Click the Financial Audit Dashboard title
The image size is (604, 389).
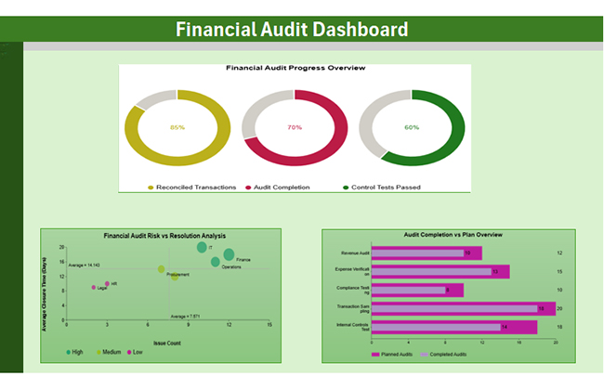292,29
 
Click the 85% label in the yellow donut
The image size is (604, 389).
177,127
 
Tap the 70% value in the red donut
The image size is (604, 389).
295,127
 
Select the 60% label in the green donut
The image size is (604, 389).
412,127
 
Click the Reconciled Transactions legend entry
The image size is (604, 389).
195,188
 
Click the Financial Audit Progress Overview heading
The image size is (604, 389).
295,68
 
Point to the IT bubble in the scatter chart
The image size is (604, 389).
202,248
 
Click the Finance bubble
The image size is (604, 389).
229,254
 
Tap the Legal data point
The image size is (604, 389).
94,288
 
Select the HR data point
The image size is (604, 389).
107,283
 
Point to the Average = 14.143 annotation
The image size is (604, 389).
83,265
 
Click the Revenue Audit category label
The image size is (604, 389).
355,253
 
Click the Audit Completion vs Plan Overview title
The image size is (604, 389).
449,235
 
